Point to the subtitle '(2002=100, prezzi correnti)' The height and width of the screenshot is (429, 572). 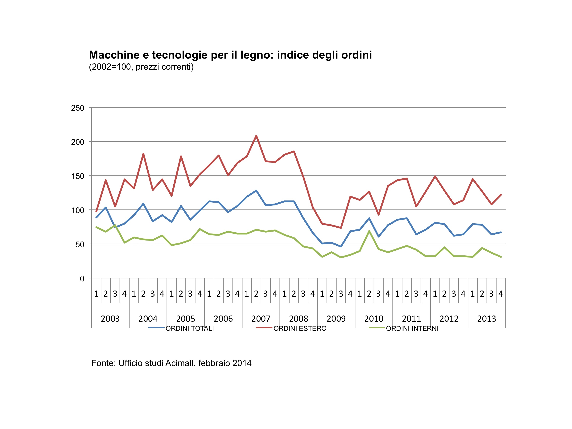point(141,67)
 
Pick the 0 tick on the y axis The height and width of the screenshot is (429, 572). point(82,278)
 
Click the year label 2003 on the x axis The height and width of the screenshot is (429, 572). point(110,319)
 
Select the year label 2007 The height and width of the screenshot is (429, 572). point(261,319)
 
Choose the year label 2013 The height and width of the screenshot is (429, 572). point(486,319)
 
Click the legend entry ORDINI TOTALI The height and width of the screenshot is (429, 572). point(190,328)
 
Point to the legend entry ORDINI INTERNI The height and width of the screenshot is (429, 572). point(412,328)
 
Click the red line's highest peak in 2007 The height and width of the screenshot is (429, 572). point(256,136)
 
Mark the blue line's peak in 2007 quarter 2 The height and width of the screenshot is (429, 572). point(256,191)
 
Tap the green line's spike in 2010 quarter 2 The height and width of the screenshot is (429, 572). point(369,231)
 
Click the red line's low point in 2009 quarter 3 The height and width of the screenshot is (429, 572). point(341,228)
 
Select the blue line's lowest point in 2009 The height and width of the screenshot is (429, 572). point(341,246)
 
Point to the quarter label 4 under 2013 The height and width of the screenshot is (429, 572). point(501,294)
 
